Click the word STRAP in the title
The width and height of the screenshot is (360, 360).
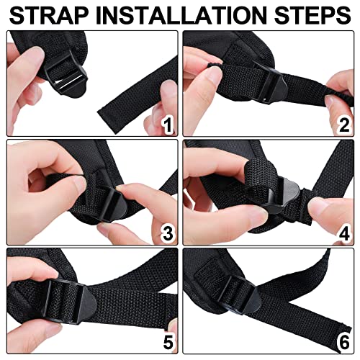pos(49,15)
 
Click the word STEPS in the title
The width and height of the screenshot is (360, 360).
pos(312,15)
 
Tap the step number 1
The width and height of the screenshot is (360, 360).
pos(167,125)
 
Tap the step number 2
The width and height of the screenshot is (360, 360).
pos(344,125)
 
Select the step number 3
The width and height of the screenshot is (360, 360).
pos(168,233)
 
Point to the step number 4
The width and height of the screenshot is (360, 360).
pos(344,233)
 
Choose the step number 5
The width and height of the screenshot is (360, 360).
pos(168,341)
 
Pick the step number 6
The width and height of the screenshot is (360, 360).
pos(344,341)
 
